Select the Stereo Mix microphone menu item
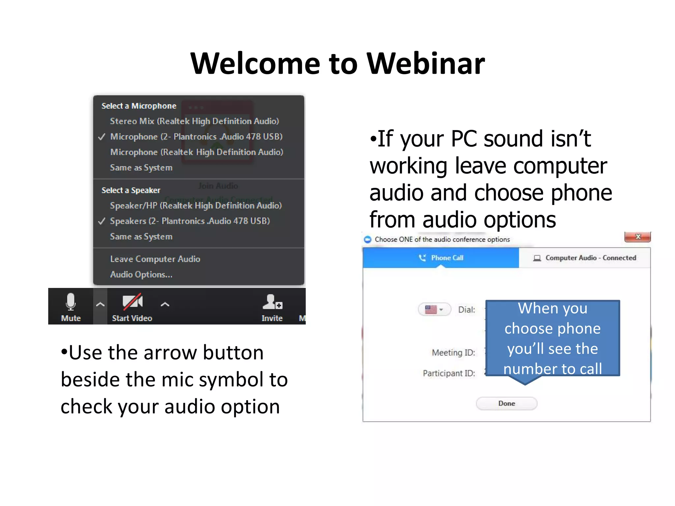point(194,121)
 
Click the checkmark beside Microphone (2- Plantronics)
point(102,137)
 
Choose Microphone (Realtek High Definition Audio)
point(196,152)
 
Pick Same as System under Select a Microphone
point(141,168)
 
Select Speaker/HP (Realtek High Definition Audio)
point(196,206)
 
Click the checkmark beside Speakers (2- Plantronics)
point(102,221)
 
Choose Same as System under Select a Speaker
point(141,237)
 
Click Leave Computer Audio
point(155,259)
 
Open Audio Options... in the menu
point(141,274)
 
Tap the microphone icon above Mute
point(71,301)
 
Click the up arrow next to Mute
point(100,305)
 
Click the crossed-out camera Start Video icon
point(132,301)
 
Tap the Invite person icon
point(272,302)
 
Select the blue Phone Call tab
point(441,258)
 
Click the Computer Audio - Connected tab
point(585,258)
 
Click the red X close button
point(637,237)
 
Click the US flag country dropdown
point(434,310)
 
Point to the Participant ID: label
point(449,373)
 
